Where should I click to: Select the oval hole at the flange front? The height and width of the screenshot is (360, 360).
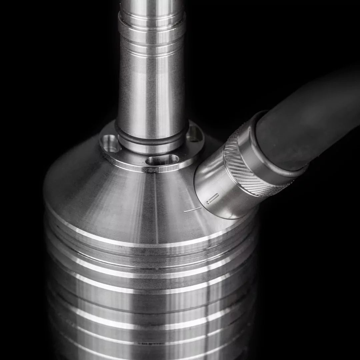click(x=162, y=161)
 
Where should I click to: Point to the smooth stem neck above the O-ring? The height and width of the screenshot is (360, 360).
click(x=152, y=97)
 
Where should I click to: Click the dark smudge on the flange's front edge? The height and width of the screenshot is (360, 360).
click(x=154, y=170)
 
